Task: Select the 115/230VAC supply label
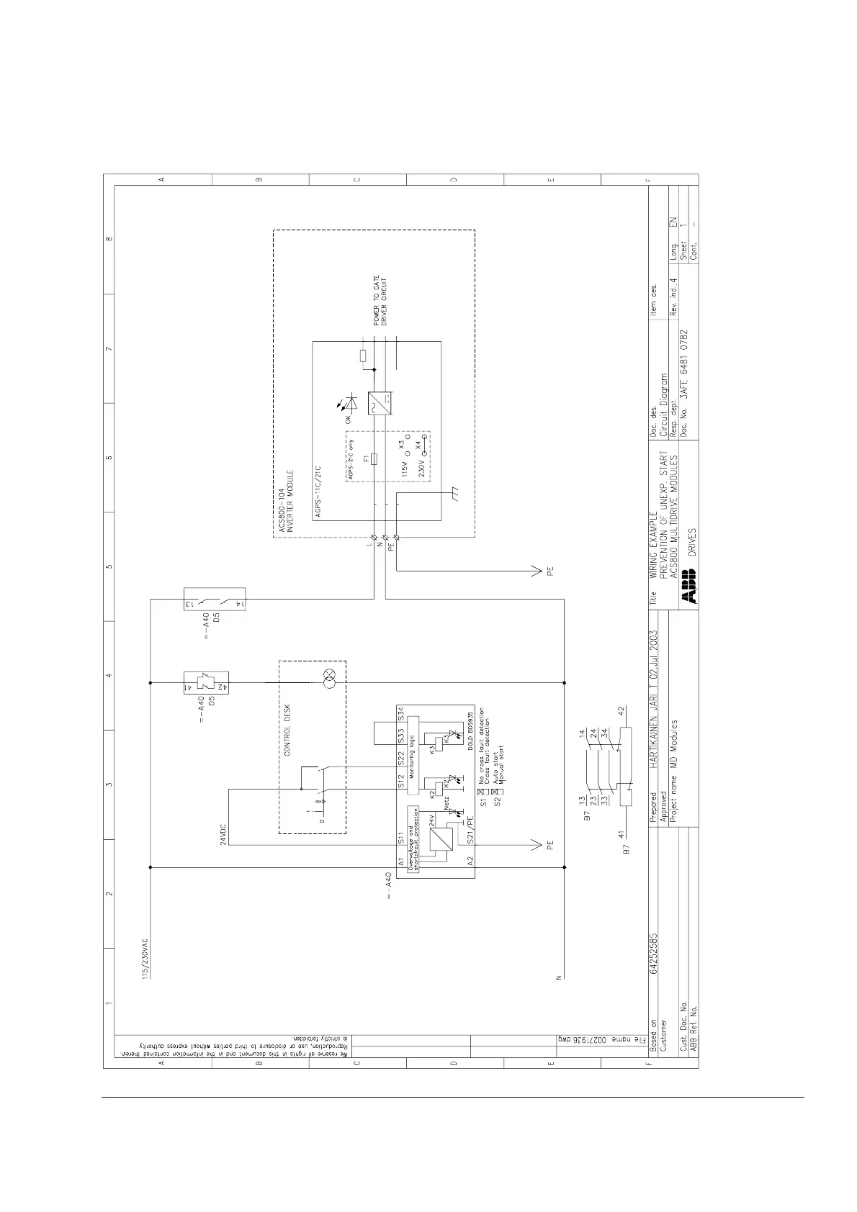point(145,958)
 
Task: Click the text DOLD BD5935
point(470,730)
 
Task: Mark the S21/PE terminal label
point(470,828)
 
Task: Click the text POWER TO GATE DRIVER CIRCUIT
point(380,302)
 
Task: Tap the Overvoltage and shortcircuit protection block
point(413,839)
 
